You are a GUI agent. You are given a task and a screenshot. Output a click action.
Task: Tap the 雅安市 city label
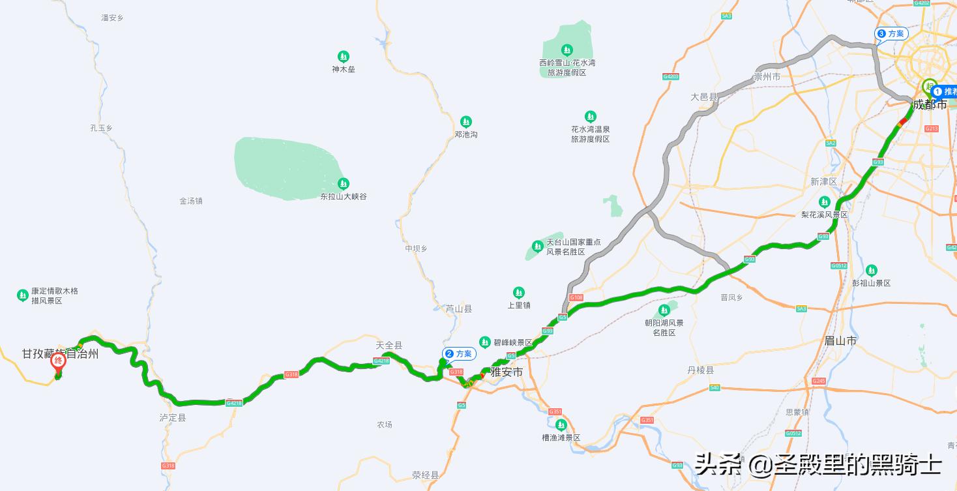click(507, 372)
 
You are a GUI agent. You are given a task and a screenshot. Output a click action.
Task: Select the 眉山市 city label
click(840, 340)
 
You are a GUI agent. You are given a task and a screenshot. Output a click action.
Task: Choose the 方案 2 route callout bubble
click(458, 354)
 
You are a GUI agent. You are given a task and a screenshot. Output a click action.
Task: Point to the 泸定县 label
click(173, 417)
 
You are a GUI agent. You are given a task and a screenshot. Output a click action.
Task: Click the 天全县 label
click(389, 345)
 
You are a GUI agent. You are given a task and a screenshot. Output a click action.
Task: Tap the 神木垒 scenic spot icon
click(344, 57)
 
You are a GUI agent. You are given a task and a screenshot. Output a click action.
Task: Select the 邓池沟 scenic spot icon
click(465, 122)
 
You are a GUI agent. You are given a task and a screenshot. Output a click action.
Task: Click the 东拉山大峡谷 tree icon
click(344, 184)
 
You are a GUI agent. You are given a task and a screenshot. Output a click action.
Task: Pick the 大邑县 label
click(704, 97)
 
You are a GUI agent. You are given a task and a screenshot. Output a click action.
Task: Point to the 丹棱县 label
click(700, 370)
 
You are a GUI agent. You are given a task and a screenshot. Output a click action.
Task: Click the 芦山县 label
click(458, 308)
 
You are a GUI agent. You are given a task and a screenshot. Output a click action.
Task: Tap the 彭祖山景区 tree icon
click(871, 271)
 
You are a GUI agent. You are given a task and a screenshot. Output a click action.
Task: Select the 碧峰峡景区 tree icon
click(485, 342)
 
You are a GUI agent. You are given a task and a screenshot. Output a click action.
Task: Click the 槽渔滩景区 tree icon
click(561, 425)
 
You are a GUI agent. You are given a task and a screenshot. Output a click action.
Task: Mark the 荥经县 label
click(426, 475)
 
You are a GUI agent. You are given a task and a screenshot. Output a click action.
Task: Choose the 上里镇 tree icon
click(519, 293)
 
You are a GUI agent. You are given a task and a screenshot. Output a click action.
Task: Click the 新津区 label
click(823, 181)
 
